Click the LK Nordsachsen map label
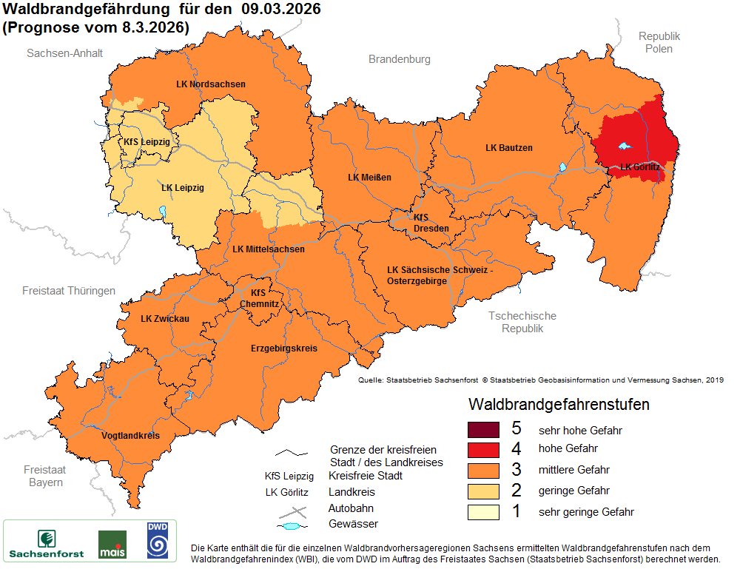tap(211, 84)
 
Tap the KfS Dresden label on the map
tap(430, 223)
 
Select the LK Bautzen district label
tap(508, 148)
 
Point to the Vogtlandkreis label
tap(130, 436)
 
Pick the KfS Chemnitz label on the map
tap(259, 298)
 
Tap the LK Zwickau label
tap(165, 319)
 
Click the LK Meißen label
tap(369, 178)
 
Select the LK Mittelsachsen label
tap(268, 249)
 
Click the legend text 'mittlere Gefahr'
tap(574, 470)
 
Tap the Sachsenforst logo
tap(46, 543)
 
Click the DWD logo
tap(157, 539)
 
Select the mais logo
tap(112, 544)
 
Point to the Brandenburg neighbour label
tap(400, 59)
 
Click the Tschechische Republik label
tap(522, 322)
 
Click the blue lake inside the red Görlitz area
tap(626, 147)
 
